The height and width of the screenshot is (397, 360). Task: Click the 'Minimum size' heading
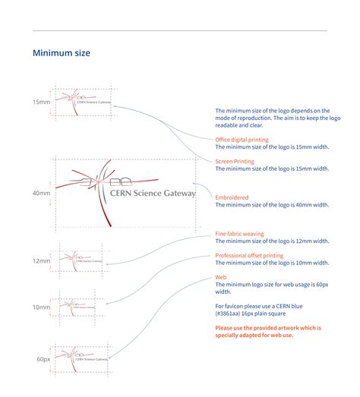[x=62, y=53]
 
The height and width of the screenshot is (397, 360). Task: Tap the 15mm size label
[x=40, y=101]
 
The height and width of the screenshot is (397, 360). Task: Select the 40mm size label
[x=40, y=193]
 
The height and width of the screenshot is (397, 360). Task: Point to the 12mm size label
[x=40, y=260]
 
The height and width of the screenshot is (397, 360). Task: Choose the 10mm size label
[x=40, y=307]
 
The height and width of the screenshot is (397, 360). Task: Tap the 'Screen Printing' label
[x=235, y=161]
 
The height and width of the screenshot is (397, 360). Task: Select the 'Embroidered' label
[x=232, y=197]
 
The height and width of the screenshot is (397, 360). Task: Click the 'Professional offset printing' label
[x=250, y=256]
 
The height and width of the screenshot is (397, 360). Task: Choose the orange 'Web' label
[x=221, y=277]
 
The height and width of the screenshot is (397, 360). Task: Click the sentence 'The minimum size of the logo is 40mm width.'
[x=272, y=205]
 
